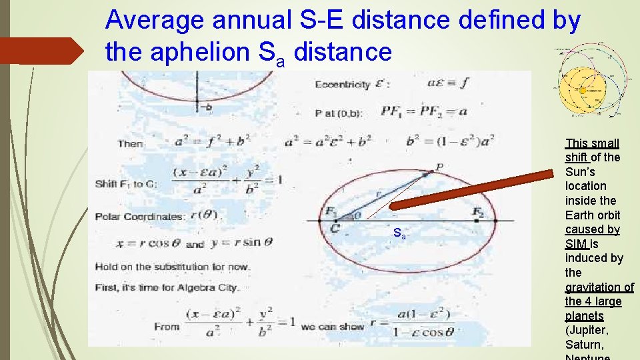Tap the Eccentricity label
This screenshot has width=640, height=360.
click(343, 85)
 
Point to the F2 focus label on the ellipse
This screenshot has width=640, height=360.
click(477, 212)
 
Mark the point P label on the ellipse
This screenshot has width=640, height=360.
click(439, 166)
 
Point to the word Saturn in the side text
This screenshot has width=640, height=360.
click(585, 345)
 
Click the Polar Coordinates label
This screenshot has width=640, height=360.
click(139, 217)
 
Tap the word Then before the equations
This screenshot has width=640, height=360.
click(130, 143)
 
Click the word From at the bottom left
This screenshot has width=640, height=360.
click(166, 327)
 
